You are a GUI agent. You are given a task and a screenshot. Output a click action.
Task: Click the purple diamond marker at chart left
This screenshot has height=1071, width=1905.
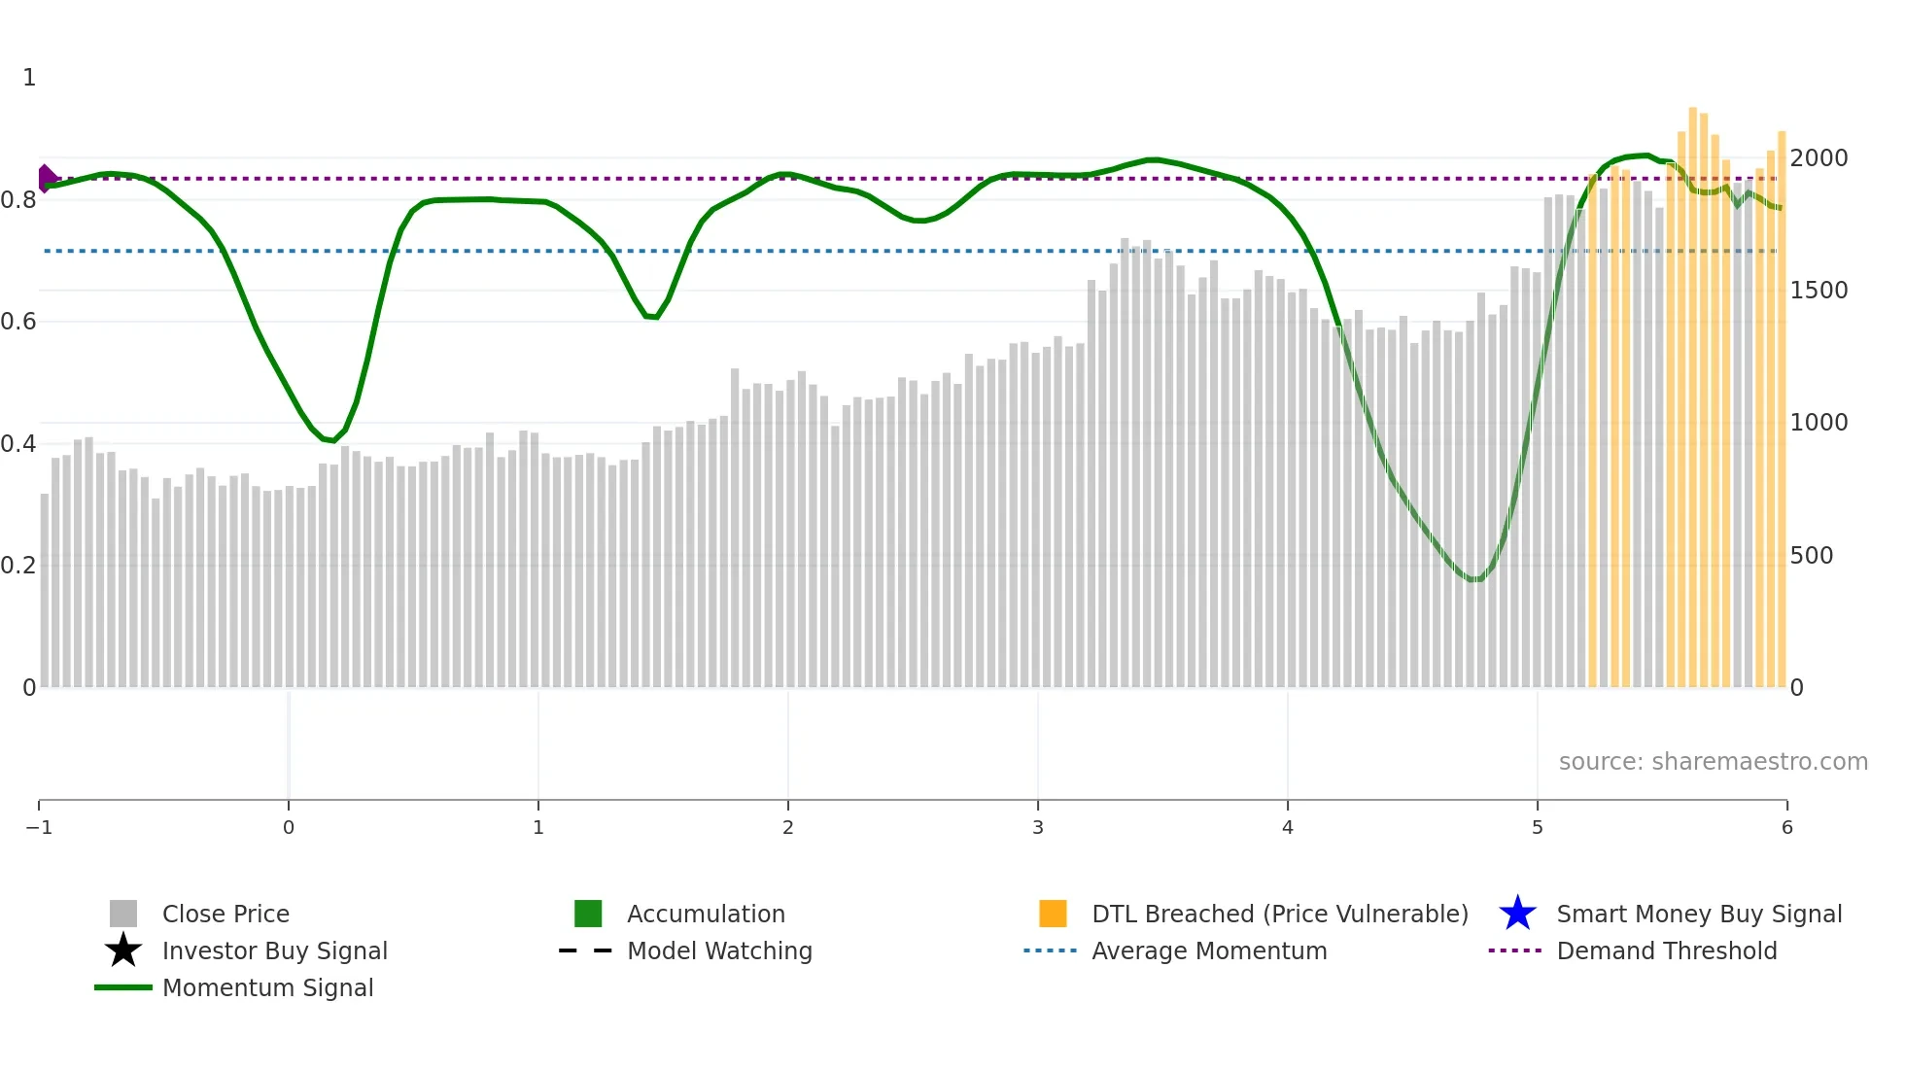(x=46, y=179)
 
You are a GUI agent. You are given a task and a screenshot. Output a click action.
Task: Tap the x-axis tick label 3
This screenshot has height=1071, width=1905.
(x=1038, y=827)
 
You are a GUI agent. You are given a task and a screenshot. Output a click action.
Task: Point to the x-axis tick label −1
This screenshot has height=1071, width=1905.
(x=39, y=827)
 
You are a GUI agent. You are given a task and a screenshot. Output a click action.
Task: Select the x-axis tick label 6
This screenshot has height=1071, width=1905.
(x=1786, y=827)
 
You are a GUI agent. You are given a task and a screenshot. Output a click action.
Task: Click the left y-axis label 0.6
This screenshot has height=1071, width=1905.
(x=18, y=322)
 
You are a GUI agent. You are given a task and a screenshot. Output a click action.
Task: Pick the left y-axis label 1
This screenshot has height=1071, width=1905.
(x=29, y=78)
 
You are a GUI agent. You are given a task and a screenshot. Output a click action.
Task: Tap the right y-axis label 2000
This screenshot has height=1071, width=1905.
(x=1818, y=158)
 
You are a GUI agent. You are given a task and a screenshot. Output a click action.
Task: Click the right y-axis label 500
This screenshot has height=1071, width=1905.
(x=1812, y=556)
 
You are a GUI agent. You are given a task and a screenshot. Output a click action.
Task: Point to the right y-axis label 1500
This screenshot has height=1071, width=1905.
(x=1818, y=291)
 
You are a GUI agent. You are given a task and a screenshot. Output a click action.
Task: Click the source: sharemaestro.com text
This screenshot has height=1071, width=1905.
(x=1713, y=762)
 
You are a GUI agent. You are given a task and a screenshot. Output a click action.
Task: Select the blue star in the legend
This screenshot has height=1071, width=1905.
(x=1517, y=914)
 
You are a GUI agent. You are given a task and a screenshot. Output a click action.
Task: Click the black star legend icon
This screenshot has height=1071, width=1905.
(x=123, y=950)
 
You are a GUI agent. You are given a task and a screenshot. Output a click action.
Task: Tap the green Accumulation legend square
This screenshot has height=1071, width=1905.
(x=588, y=914)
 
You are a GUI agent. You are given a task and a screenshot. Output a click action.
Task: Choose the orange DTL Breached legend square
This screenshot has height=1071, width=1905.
(x=1053, y=914)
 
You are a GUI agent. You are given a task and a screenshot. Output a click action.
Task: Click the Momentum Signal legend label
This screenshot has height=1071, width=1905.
(x=267, y=987)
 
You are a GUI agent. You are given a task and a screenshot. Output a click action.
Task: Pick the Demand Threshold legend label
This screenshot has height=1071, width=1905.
(x=1666, y=950)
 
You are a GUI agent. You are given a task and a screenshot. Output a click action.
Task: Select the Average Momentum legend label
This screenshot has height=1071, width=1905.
(x=1209, y=950)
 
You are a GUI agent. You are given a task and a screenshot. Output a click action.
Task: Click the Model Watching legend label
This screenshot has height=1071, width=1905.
(x=719, y=950)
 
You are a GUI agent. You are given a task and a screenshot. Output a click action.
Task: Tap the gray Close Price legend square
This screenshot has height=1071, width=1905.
(x=123, y=914)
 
